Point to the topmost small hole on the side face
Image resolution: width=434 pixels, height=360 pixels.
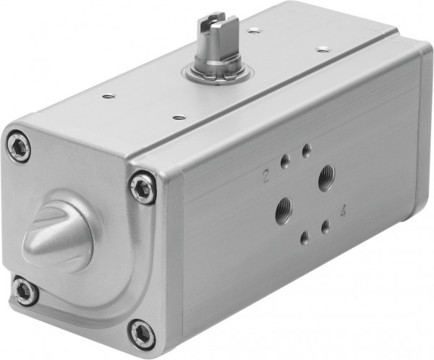tap(306, 150)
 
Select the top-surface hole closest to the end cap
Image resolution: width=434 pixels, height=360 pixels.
tap(108, 95)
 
